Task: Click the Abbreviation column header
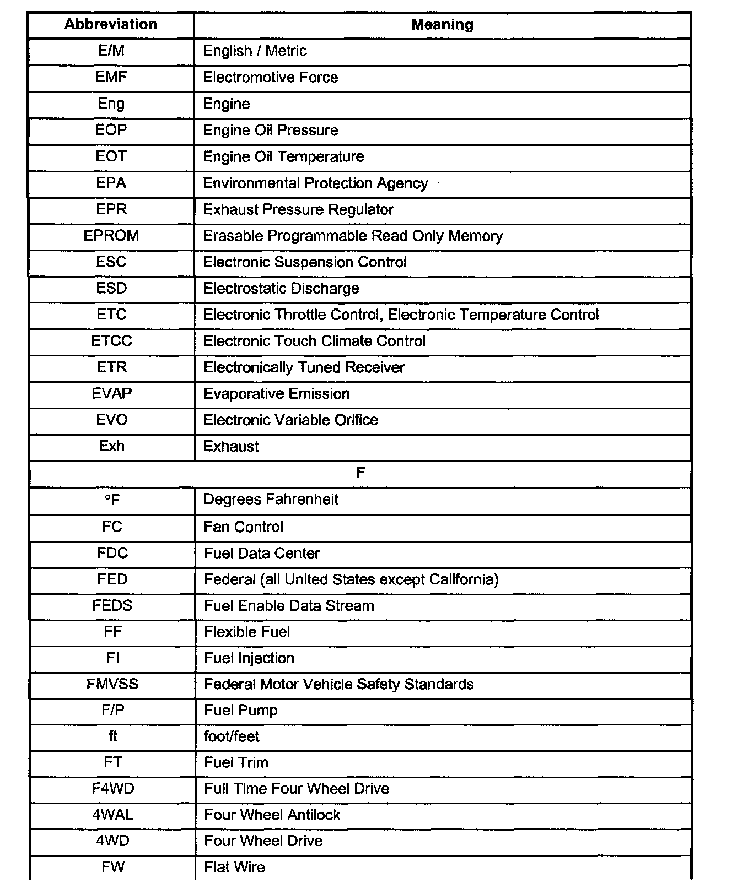click(111, 24)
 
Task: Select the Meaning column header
click(442, 25)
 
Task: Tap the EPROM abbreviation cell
click(111, 236)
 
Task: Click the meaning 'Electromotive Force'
click(271, 77)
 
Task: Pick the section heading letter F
click(360, 473)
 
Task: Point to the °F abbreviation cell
click(112, 500)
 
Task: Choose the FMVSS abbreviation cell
click(112, 684)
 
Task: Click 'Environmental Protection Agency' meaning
click(315, 183)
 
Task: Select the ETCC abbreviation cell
click(111, 341)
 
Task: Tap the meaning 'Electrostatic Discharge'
click(281, 288)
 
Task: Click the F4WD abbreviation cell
click(113, 788)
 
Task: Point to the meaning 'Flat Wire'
click(234, 867)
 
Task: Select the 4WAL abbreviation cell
click(113, 815)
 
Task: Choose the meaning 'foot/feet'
click(232, 736)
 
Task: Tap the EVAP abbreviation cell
click(111, 393)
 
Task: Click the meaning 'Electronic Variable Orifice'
click(290, 420)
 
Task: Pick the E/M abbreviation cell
click(111, 51)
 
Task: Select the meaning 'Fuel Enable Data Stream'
click(289, 606)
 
